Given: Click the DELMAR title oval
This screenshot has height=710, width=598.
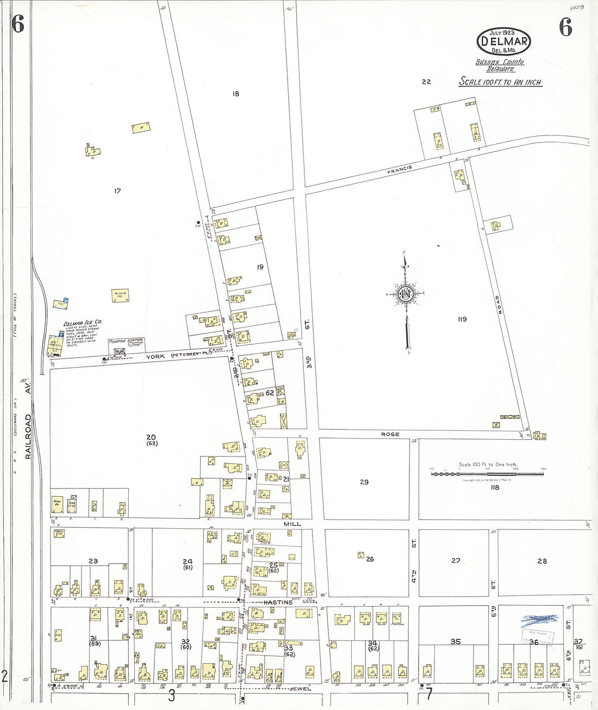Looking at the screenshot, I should click(x=503, y=41).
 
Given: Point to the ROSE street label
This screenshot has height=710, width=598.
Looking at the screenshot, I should click(x=390, y=434).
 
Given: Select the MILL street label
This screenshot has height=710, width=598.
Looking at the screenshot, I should click(x=292, y=524).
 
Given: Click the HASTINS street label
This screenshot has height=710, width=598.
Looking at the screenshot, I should click(x=278, y=602).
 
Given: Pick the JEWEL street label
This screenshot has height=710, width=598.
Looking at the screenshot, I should click(x=300, y=689).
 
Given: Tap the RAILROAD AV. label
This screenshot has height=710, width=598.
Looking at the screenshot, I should click(x=28, y=419).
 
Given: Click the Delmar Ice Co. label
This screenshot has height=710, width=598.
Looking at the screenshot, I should click(x=82, y=323).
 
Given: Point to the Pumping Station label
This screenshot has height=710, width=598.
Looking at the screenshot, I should click(x=126, y=341).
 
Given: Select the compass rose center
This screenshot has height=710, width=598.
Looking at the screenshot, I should click(x=405, y=294).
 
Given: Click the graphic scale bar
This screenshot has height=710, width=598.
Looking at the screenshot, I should click(x=488, y=474).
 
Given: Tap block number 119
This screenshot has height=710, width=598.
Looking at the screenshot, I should click(x=462, y=319).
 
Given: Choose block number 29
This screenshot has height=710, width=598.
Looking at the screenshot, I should click(x=364, y=482).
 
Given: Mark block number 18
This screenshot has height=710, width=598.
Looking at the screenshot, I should click(x=235, y=94).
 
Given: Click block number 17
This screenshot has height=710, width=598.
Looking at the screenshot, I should click(x=117, y=191).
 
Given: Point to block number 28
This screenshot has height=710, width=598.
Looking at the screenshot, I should click(x=542, y=561).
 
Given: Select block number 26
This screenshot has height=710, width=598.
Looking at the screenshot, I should click(x=370, y=559).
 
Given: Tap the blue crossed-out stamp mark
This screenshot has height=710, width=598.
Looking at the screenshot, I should click(x=539, y=619).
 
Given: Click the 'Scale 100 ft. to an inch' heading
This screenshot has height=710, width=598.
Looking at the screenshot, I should click(x=500, y=82).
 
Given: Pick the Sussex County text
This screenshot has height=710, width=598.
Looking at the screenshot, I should click(x=500, y=62).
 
